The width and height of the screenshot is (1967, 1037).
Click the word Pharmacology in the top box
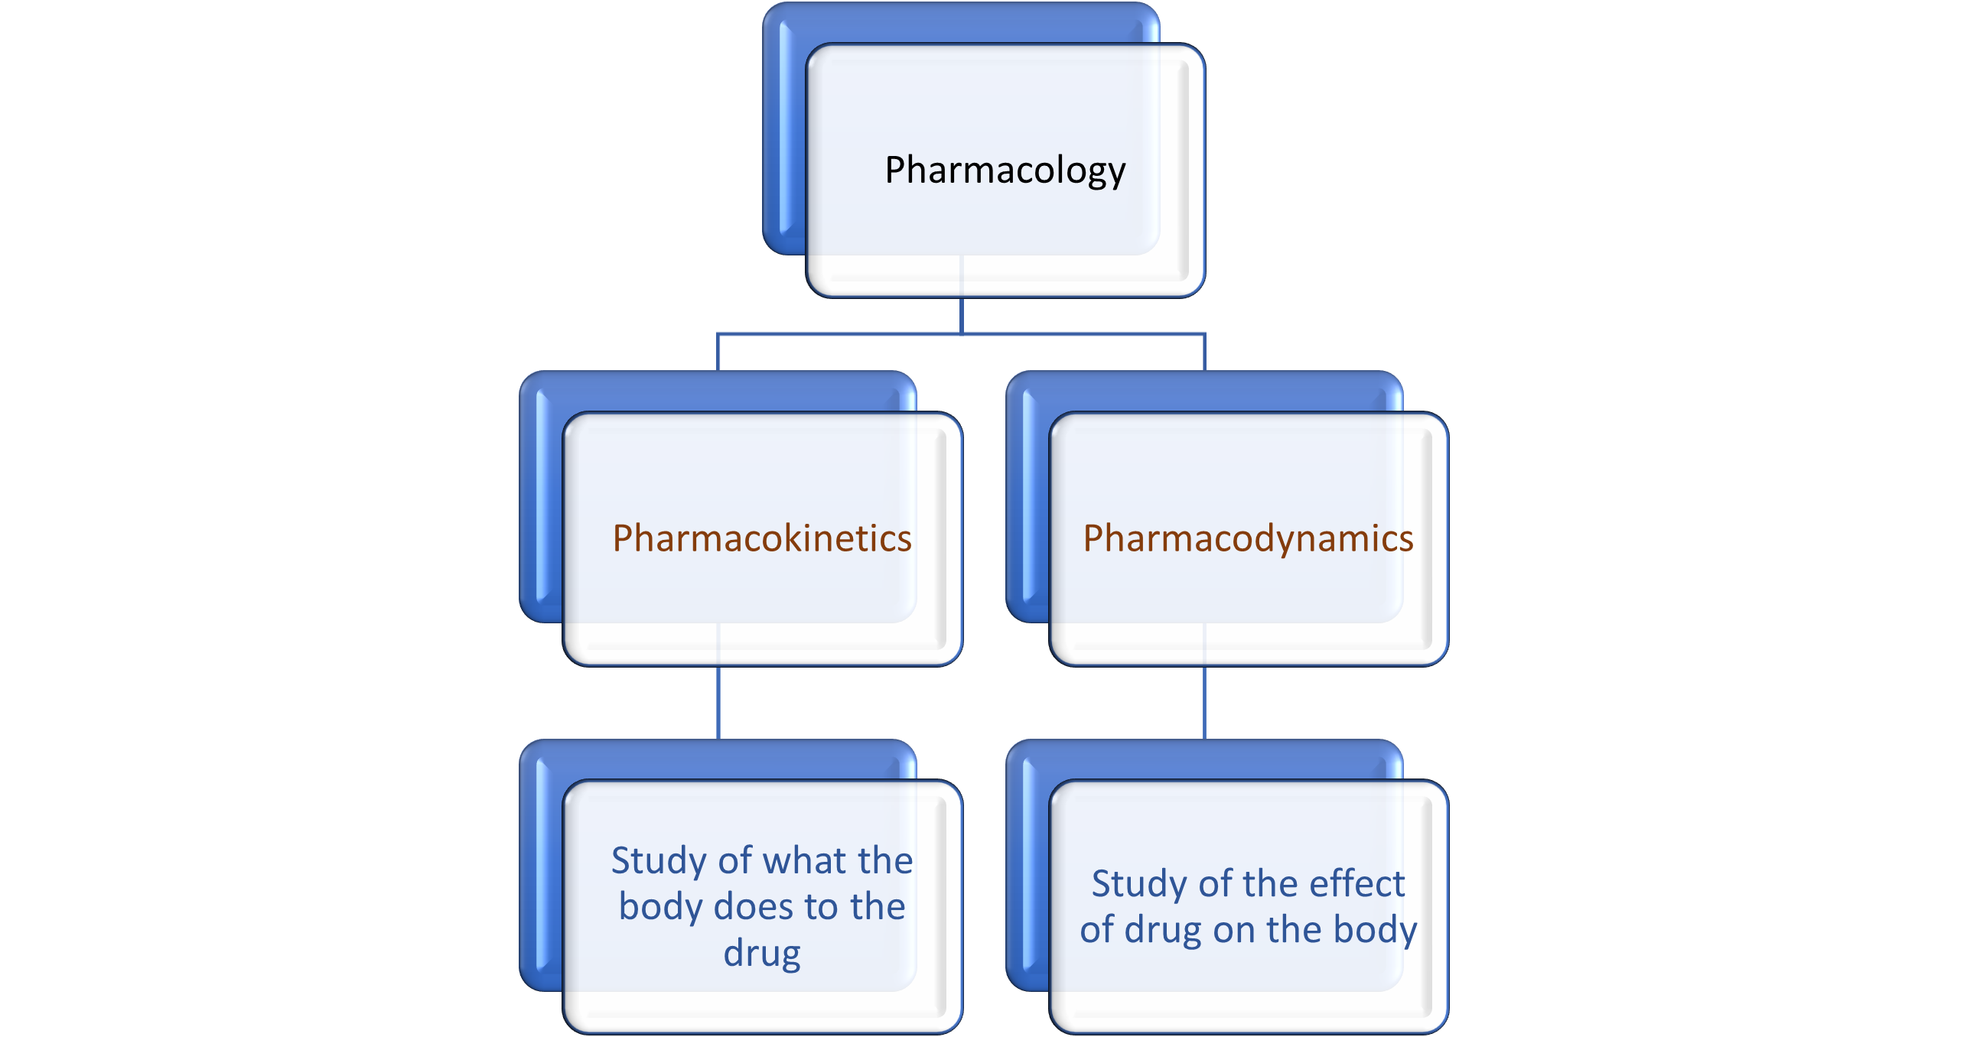point(1005,170)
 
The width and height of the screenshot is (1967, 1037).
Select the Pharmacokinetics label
point(762,538)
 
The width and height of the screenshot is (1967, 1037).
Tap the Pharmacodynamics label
point(1248,538)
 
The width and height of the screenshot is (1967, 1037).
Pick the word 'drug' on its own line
point(762,954)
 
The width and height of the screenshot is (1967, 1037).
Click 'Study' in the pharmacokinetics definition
point(659,861)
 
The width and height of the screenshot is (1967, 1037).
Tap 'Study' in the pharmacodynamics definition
point(1139,884)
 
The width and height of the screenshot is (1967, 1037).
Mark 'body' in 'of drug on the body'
point(1375,931)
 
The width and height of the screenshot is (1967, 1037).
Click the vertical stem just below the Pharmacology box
point(961,315)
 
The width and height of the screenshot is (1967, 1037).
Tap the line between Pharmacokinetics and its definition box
point(718,704)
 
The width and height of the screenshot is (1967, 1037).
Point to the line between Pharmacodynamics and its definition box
point(1204,704)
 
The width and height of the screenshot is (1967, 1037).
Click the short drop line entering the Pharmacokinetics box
point(718,353)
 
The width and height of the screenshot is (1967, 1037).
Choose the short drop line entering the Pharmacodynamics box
point(1204,353)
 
